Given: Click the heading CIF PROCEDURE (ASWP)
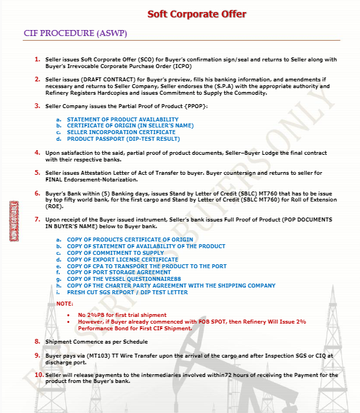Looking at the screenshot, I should (75, 33).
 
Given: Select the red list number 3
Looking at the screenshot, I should (37, 106).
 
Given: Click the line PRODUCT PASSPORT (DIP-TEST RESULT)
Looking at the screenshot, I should (123, 139).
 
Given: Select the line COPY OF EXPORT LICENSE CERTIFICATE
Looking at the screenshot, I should (118, 259).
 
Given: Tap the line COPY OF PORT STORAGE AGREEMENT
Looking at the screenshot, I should (114, 272).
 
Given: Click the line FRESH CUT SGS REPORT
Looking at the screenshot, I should (127, 292).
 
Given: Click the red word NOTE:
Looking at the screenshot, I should (65, 304).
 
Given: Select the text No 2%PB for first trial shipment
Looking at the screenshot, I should (122, 314).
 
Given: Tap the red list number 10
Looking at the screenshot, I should (37, 374).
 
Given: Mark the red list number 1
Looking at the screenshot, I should (37, 59).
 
